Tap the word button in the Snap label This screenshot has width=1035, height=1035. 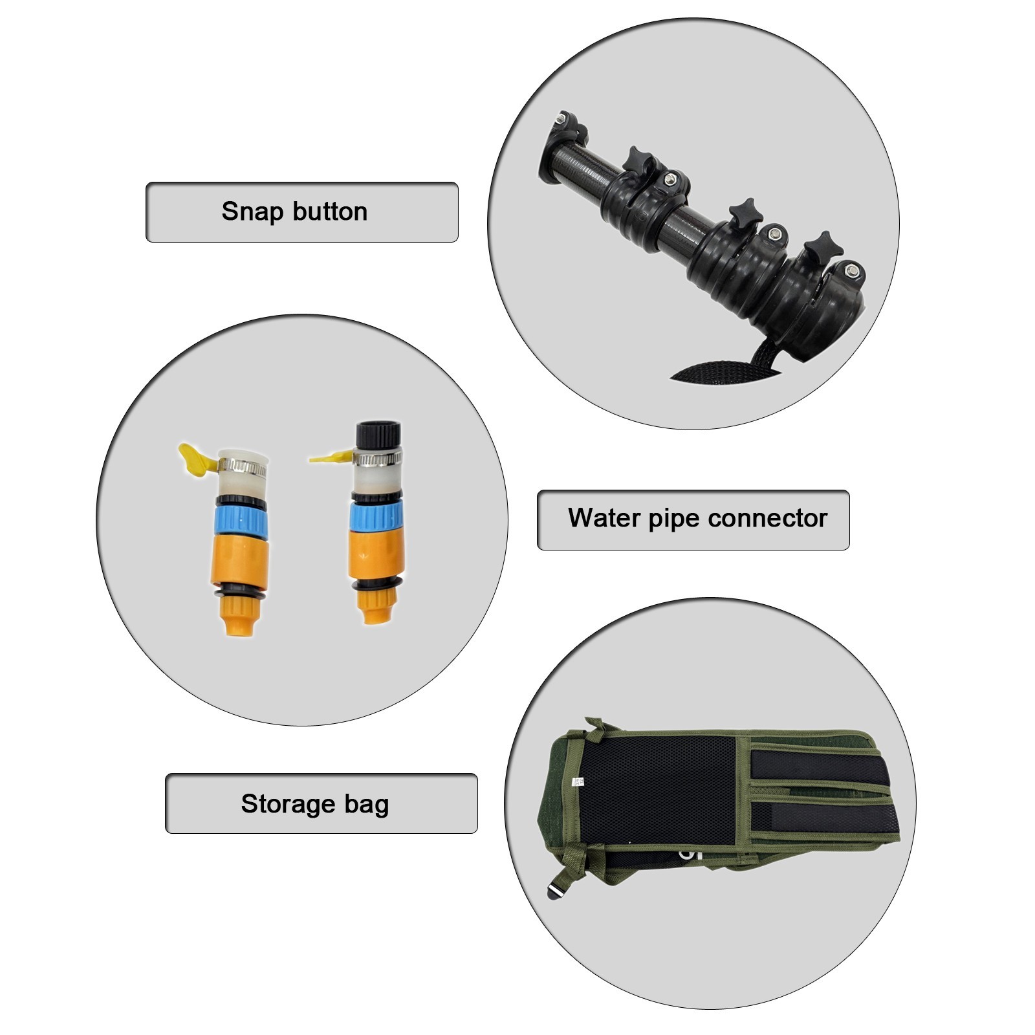330,212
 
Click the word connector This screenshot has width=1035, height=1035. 768,519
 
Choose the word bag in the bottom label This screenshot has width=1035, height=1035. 367,804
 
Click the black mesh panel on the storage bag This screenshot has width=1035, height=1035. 660,789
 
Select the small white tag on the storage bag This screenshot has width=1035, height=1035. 580,783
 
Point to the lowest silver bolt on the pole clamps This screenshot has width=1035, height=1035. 853,271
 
